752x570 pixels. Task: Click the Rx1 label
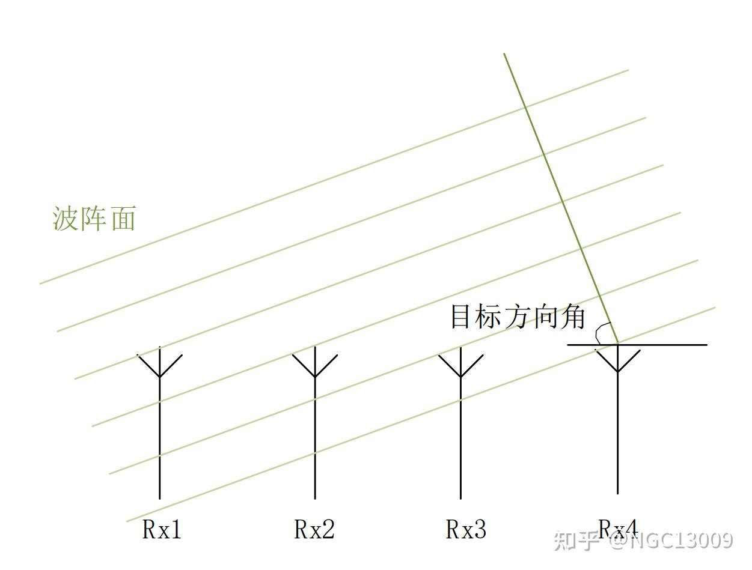pyautogui.click(x=162, y=529)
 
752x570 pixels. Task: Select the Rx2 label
pyautogui.click(x=314, y=529)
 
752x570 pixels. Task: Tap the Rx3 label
pyautogui.click(x=466, y=529)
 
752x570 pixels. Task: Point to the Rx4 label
pyautogui.click(x=618, y=528)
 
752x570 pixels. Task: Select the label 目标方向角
pyautogui.click(x=518, y=317)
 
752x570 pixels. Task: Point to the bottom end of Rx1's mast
pyautogui.click(x=159, y=497)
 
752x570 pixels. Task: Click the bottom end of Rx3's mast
pyautogui.click(x=460, y=497)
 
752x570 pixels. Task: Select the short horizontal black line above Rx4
pyautogui.click(x=637, y=345)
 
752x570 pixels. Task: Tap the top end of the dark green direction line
pyautogui.click(x=504, y=54)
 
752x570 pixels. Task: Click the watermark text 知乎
pyautogui.click(x=577, y=541)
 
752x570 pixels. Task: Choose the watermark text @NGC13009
pyautogui.click(x=671, y=541)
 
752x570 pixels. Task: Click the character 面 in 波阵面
pyautogui.click(x=123, y=219)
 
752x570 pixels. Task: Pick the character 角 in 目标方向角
pyautogui.click(x=572, y=317)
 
